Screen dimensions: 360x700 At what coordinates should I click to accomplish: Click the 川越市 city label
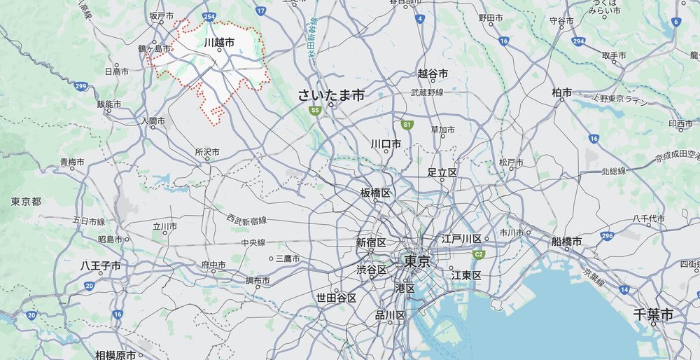[219, 42]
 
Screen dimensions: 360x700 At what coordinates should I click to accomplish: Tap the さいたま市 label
[331, 95]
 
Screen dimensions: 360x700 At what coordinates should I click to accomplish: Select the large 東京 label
[417, 261]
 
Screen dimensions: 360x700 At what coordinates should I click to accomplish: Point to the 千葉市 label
[653, 315]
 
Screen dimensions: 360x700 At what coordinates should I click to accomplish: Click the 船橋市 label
[567, 241]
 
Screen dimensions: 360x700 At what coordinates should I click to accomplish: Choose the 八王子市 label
[100, 266]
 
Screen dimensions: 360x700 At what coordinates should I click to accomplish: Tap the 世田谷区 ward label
[337, 298]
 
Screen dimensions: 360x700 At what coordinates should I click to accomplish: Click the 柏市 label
[562, 92]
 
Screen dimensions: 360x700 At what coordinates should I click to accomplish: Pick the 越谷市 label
[433, 74]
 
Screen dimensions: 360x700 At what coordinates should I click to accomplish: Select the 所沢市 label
[207, 151]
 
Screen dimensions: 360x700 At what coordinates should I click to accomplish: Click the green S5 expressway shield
[316, 110]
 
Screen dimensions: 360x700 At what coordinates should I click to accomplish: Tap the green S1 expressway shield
[406, 124]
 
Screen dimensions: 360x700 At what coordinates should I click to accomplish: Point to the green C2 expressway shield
[479, 254]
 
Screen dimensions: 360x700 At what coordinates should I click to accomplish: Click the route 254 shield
[208, 15]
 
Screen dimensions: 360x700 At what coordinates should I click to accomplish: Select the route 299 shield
[80, 87]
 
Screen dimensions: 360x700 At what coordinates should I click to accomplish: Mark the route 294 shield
[577, 43]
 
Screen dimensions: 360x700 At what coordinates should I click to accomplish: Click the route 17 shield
[260, 11]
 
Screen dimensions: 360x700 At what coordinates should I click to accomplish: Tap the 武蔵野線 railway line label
[427, 92]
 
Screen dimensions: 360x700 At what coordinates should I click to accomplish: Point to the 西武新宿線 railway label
[246, 220]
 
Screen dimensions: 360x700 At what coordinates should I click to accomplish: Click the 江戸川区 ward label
[462, 239]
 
